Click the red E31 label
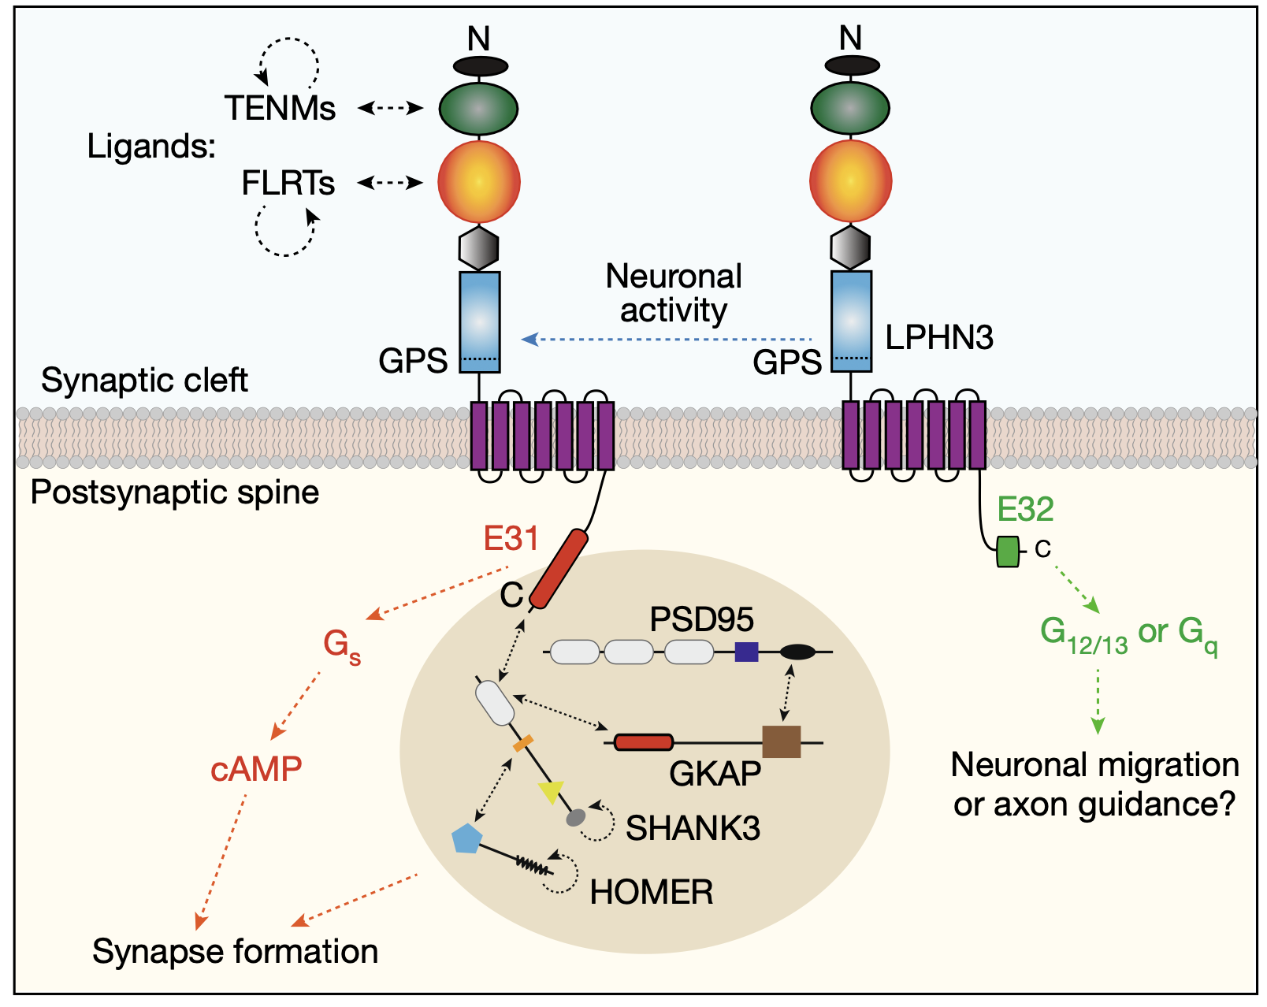[x=511, y=538]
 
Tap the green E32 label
[x=1025, y=509]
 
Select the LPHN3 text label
[x=939, y=337]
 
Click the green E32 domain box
[x=1007, y=552]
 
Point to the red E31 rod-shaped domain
[x=558, y=568]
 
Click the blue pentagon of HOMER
[x=467, y=838]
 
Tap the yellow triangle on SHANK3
[x=552, y=791]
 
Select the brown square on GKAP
[x=782, y=741]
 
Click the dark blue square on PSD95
[x=746, y=652]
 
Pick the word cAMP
[x=256, y=769]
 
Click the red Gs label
[x=341, y=646]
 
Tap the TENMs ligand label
[x=280, y=109]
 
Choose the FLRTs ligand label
[x=288, y=183]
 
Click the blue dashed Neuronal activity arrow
[x=667, y=339]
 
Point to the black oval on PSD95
[x=797, y=652]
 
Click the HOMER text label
[x=651, y=892]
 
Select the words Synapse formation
[x=235, y=952]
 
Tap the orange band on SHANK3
[x=523, y=744]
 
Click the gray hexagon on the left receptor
[x=478, y=248]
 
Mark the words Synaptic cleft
[x=144, y=381]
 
